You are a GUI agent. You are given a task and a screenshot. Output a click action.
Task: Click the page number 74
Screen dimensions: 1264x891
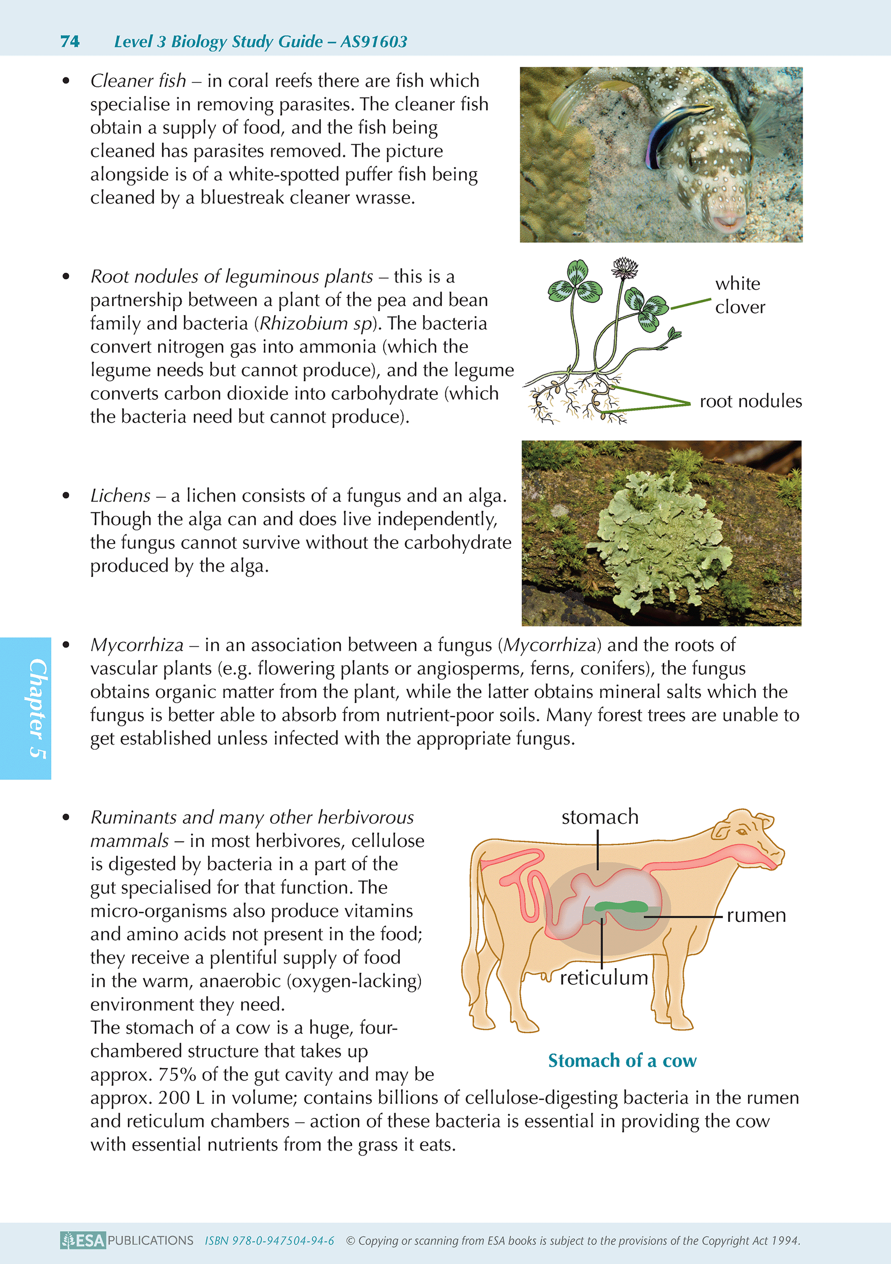click(x=70, y=42)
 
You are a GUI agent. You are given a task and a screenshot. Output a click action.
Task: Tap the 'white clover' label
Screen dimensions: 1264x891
click(x=739, y=295)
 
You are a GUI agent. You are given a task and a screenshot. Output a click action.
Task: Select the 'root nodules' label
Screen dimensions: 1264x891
click(x=750, y=401)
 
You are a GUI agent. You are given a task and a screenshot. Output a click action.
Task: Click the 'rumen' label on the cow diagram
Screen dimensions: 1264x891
click(x=755, y=915)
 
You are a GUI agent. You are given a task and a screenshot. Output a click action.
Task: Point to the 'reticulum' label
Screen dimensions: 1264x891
click(x=604, y=978)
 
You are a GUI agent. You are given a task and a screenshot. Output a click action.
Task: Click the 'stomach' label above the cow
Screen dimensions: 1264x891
click(x=599, y=817)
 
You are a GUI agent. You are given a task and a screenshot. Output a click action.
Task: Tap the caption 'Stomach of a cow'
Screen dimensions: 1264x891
click(x=622, y=1060)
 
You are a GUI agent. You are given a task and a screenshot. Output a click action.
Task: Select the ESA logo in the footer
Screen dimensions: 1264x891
click(x=83, y=1240)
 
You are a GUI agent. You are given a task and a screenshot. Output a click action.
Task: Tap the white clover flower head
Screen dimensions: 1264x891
click(x=625, y=268)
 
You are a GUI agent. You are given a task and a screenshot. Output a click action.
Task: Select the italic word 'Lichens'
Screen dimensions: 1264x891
click(x=120, y=496)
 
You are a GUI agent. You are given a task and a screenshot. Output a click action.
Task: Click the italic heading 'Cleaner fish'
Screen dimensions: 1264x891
click(x=138, y=81)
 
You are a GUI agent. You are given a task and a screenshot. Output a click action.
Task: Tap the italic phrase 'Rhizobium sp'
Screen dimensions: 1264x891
click(x=316, y=324)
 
